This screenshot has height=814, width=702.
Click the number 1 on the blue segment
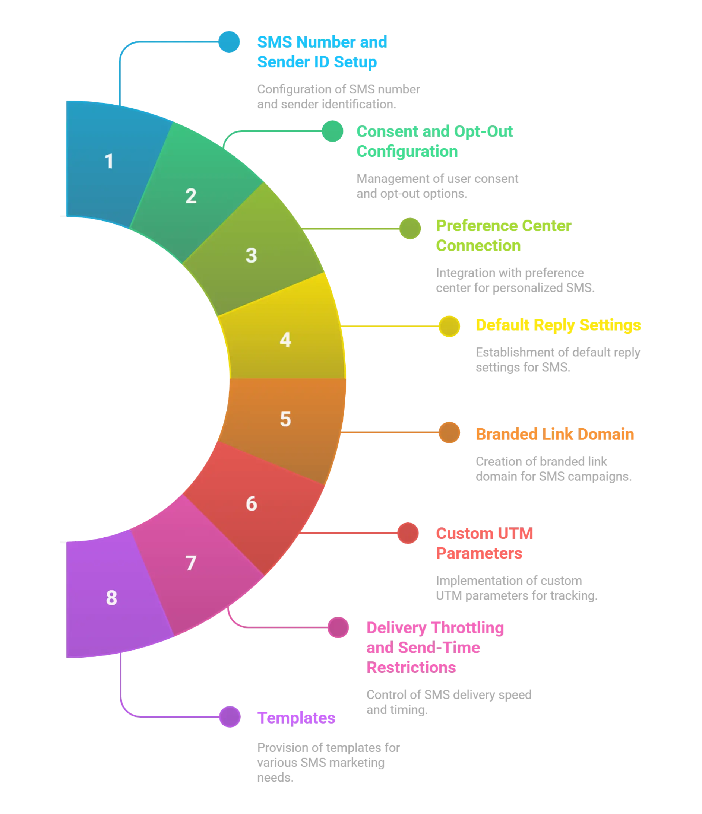(x=109, y=162)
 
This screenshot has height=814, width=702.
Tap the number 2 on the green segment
(x=191, y=196)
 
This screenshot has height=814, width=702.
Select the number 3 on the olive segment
(x=251, y=255)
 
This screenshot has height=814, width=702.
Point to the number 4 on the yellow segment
(x=285, y=340)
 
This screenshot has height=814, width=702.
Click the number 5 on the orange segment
(x=285, y=419)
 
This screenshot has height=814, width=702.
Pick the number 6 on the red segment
(x=251, y=504)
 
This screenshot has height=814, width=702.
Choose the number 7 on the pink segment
(x=191, y=563)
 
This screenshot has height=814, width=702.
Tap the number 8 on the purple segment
(x=111, y=598)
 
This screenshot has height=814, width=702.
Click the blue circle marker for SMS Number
(x=229, y=42)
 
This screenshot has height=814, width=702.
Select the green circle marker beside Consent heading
(x=332, y=131)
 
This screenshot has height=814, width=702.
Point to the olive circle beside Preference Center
(x=410, y=228)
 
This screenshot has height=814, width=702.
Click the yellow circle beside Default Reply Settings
(x=449, y=326)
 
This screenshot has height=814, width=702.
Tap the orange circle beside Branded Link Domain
(x=449, y=433)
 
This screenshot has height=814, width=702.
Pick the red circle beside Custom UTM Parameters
(x=408, y=533)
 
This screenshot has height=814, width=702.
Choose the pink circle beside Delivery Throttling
(x=338, y=627)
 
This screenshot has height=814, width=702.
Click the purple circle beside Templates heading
(x=230, y=717)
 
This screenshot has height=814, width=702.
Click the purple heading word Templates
(x=297, y=718)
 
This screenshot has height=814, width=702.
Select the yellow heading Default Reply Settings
(x=558, y=325)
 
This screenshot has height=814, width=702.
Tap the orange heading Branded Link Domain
(x=554, y=434)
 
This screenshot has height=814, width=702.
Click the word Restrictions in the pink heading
(x=411, y=667)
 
